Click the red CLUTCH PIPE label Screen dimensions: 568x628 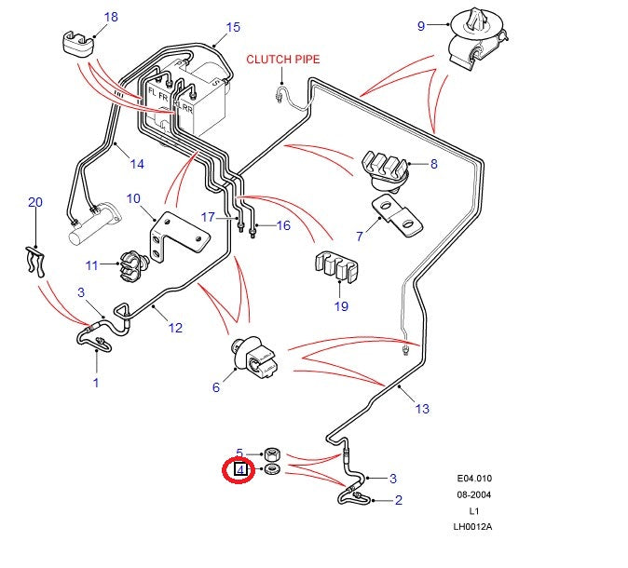[x=282, y=60]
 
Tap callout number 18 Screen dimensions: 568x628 [x=111, y=17]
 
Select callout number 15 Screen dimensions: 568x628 [x=233, y=27]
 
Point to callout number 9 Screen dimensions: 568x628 [x=421, y=25]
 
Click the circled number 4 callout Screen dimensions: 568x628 [x=241, y=470]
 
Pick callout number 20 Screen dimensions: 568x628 [x=35, y=202]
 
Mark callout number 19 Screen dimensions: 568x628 [x=341, y=305]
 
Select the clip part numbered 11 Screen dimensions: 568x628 [x=130, y=266]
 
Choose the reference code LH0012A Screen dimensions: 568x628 [x=472, y=527]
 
